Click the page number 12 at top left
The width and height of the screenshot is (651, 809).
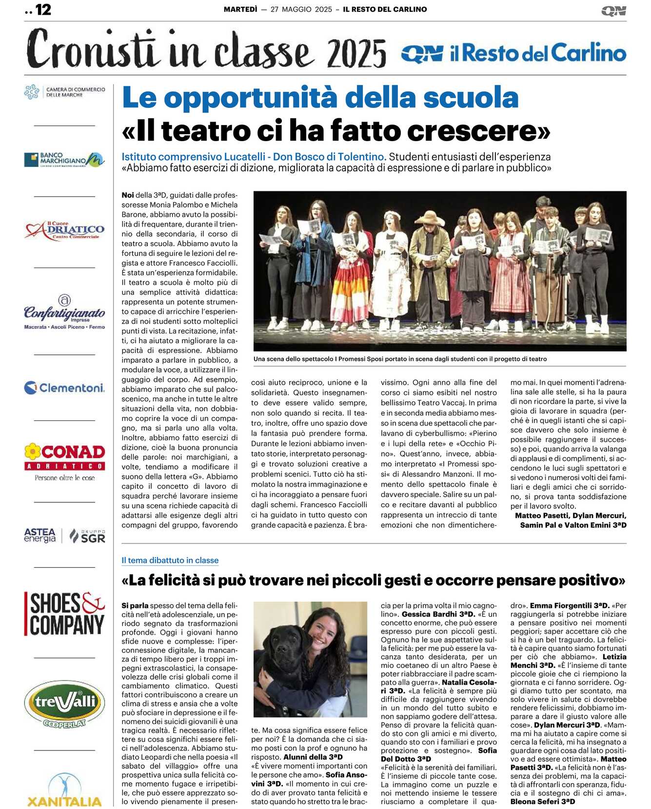(x=43, y=10)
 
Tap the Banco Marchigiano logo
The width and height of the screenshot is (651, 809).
(x=64, y=160)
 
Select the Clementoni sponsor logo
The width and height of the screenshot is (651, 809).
(x=64, y=388)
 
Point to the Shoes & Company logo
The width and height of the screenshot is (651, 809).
(x=64, y=614)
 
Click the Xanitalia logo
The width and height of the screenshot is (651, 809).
(x=64, y=791)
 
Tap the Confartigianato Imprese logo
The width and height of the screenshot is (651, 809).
(x=64, y=312)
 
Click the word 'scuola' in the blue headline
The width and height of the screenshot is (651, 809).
(x=471, y=97)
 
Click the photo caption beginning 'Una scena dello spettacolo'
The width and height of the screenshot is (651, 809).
(x=400, y=359)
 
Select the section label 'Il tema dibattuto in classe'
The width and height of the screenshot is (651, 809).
(x=170, y=560)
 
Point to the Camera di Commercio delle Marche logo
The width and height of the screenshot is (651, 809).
(x=64, y=92)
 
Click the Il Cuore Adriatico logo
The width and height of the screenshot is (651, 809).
(x=64, y=230)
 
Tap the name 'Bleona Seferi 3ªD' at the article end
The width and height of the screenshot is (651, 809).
(x=543, y=802)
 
